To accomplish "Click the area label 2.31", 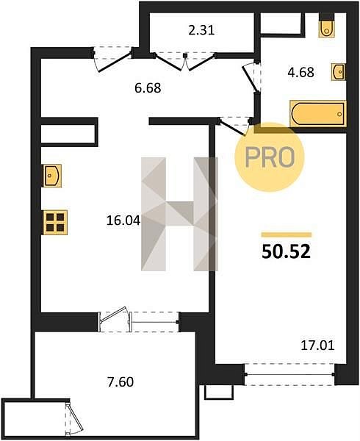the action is tap(201, 30).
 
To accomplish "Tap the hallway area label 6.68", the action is tap(148, 88).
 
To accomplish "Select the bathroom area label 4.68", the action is tap(300, 72).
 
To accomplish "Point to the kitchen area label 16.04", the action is tap(123, 220).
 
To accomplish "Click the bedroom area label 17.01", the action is tap(317, 345).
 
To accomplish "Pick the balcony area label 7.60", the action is tap(120, 382).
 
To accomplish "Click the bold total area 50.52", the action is tap(286, 251).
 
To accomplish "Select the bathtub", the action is tap(318, 114).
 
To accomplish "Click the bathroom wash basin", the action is tap(339, 72).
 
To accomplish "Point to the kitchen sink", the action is tap(51, 176).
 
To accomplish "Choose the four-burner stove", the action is tap(55, 223).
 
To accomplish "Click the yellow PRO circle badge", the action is tap(270, 157).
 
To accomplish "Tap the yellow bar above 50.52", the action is tap(287, 235).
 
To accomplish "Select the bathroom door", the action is tap(251, 77).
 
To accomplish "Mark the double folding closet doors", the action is tap(184, 61).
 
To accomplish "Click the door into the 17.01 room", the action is tap(234, 126).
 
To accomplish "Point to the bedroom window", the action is tap(289, 374).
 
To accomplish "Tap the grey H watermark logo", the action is tap(179, 214).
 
